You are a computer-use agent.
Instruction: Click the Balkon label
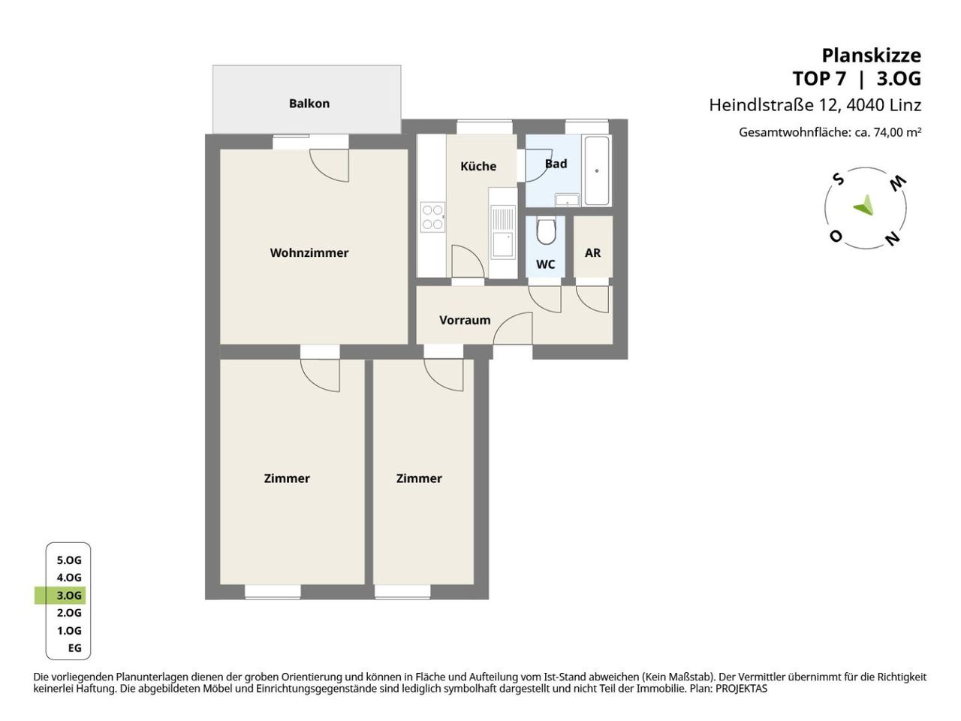(309, 104)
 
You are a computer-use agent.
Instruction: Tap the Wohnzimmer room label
(309, 252)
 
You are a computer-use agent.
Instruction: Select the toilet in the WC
(546, 231)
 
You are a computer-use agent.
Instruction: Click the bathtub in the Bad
(597, 170)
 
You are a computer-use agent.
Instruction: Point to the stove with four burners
(432, 217)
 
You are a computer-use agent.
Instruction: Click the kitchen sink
(503, 233)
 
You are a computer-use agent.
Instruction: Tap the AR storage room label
(593, 252)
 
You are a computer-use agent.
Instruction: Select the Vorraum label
(465, 320)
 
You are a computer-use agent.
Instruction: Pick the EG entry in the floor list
(75, 648)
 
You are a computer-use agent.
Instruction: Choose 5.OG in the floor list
(69, 560)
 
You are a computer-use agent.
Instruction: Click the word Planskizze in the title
(871, 56)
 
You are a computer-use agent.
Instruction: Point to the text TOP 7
(819, 79)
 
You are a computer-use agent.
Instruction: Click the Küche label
(478, 166)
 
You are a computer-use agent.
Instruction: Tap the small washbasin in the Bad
(568, 200)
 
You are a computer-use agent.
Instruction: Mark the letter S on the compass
(839, 179)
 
